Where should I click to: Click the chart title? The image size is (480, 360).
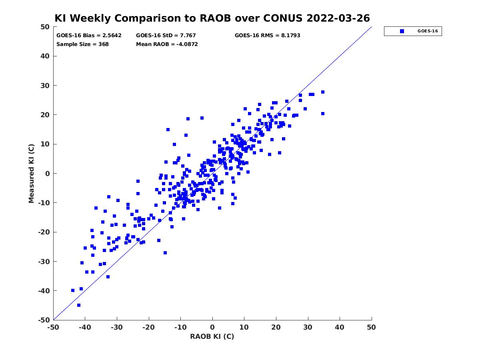click(x=212, y=18)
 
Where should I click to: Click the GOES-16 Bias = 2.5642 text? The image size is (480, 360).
click(x=89, y=36)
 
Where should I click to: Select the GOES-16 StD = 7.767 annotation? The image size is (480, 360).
click(x=166, y=36)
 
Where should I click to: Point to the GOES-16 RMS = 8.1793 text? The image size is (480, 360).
click(x=267, y=36)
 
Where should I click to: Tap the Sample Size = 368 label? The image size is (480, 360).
click(x=82, y=44)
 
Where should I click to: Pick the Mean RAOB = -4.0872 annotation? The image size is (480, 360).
click(x=167, y=44)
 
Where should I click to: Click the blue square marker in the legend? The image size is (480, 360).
click(x=402, y=31)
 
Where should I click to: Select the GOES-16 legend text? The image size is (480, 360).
click(x=428, y=31)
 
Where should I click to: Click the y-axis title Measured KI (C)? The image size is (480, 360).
click(x=31, y=173)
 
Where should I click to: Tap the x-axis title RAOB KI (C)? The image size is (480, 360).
click(x=212, y=336)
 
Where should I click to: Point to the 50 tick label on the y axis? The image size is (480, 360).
click(x=45, y=27)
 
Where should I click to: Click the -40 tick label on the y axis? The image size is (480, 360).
click(x=44, y=291)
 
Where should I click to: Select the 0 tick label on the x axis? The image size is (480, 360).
click(x=212, y=327)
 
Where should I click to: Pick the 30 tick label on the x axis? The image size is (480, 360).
click(x=308, y=327)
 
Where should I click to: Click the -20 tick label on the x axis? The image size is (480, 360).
click(x=148, y=327)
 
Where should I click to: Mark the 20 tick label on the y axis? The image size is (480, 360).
click(x=45, y=115)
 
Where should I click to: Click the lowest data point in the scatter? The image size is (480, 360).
click(x=79, y=305)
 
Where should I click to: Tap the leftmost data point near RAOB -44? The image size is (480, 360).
click(x=73, y=290)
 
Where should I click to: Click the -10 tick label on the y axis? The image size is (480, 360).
click(x=44, y=203)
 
